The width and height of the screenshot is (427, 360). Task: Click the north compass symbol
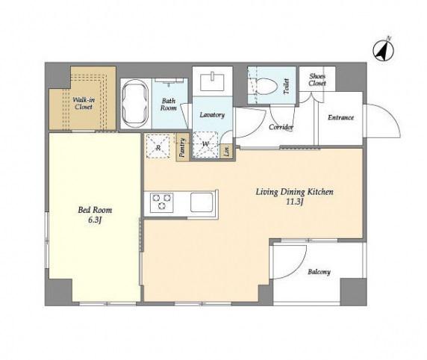click(x=384, y=51)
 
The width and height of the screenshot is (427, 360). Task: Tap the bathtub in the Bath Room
click(x=135, y=103)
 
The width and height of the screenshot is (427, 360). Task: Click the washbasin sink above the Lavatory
click(x=213, y=82)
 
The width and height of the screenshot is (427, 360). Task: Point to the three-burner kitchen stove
click(x=162, y=202)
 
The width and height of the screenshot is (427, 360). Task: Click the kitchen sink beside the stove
click(x=202, y=202)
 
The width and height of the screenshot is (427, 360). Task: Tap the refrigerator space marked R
click(x=158, y=146)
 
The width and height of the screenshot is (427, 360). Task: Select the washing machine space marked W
click(x=205, y=145)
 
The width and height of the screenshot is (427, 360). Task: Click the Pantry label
click(x=182, y=147)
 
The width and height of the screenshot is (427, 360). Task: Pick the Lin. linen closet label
click(x=227, y=150)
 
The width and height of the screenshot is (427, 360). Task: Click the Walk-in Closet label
click(x=84, y=104)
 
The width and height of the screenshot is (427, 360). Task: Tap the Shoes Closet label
click(x=317, y=80)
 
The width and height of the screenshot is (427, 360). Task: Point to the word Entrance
click(x=340, y=117)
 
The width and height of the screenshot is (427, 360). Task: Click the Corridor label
click(x=281, y=127)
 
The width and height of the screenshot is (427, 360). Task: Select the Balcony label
click(x=320, y=272)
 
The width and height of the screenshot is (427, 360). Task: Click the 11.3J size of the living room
click(x=294, y=202)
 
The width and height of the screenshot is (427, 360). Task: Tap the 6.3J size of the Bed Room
click(x=95, y=220)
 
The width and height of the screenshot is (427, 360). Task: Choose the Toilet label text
click(x=286, y=87)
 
